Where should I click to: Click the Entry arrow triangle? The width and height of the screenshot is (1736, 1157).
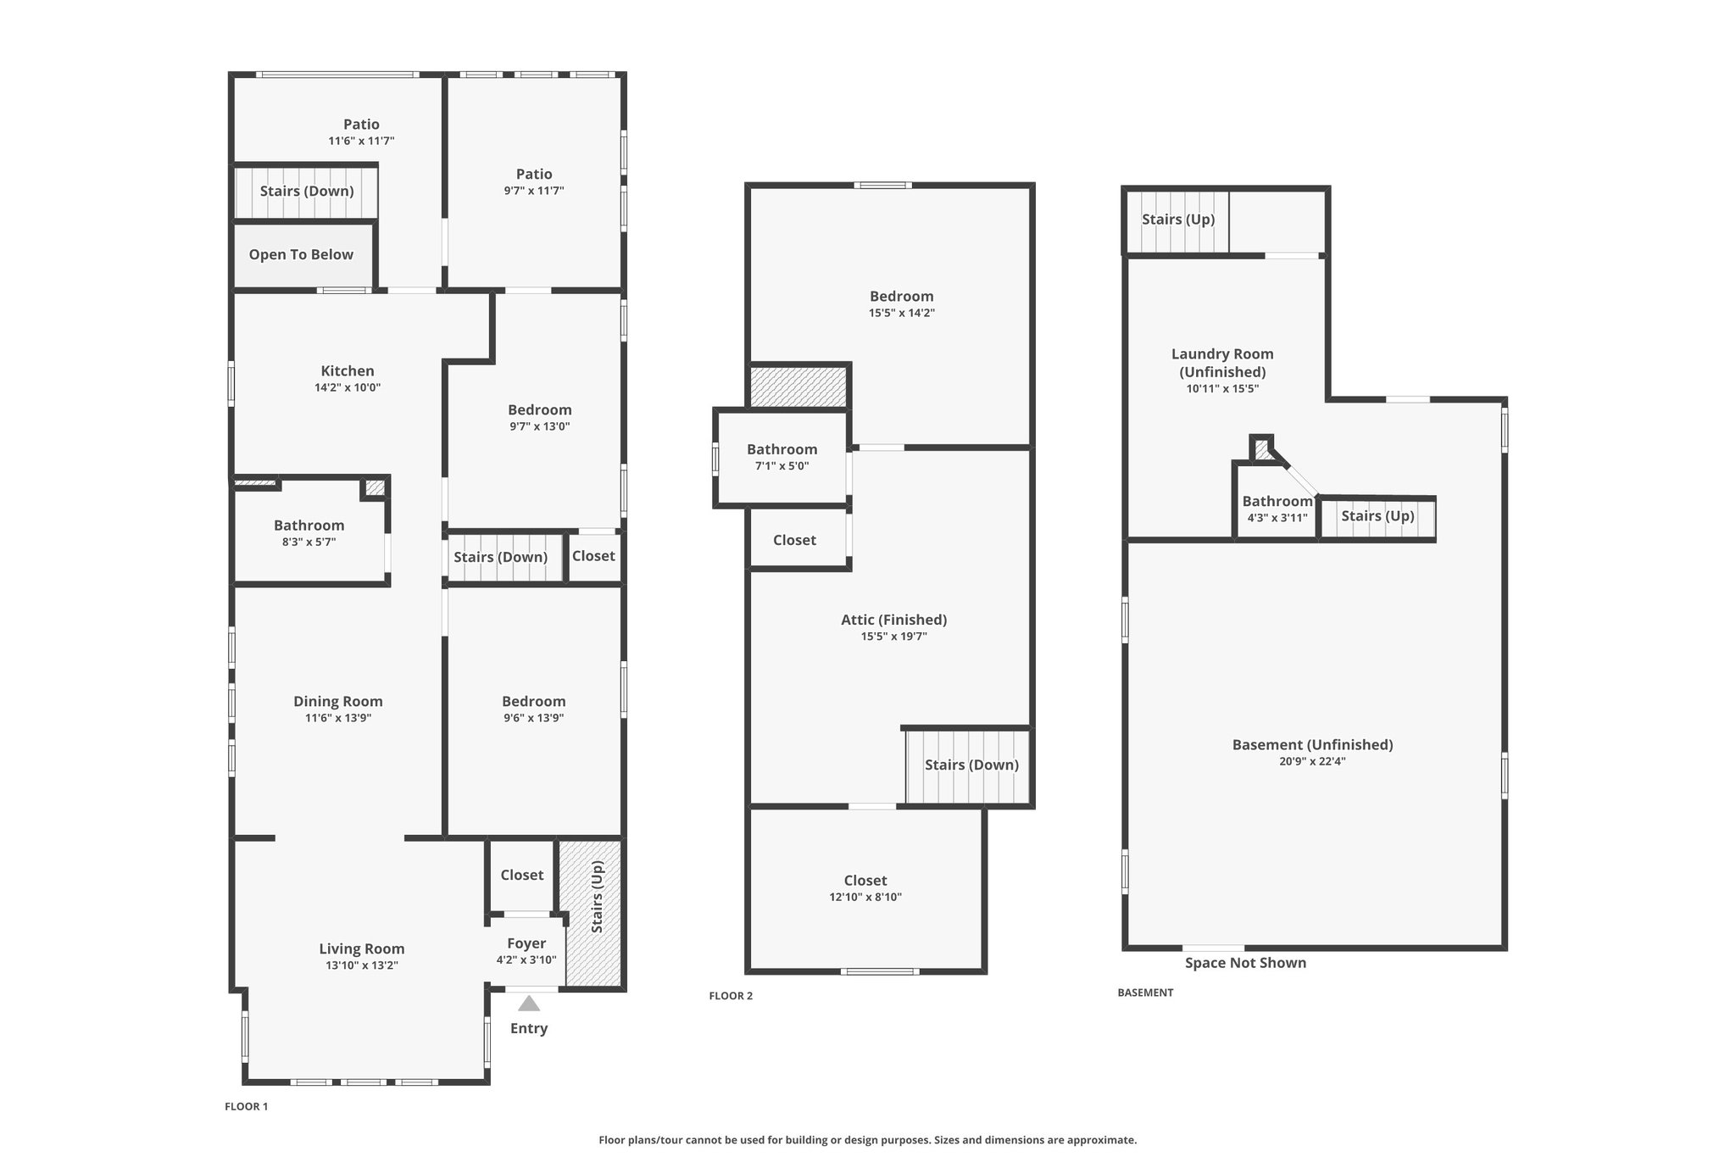529,1004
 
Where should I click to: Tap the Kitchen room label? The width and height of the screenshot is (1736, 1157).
348,371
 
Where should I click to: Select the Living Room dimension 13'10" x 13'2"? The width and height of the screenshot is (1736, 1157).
362,965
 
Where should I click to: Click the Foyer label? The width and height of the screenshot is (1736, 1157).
526,943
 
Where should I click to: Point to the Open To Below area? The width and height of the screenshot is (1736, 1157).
301,255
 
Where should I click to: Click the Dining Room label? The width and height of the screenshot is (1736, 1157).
338,702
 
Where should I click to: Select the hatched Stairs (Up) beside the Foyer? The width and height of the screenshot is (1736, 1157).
594,911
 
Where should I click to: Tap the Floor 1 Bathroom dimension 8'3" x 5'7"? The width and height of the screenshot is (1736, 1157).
309,542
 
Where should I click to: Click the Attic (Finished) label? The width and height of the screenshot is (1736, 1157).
893,620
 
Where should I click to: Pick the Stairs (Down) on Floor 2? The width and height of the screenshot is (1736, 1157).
971,765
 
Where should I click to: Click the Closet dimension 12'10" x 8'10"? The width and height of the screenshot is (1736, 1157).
865,898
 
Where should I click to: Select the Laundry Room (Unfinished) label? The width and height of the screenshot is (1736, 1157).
1222,363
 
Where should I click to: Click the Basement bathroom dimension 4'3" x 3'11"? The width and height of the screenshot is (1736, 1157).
1277,518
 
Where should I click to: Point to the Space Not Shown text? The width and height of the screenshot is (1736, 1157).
1245,963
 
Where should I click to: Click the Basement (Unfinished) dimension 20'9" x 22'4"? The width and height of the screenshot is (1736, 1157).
1312,762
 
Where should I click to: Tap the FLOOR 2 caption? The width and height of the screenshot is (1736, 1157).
731,996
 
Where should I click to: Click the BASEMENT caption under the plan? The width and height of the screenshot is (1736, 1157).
1145,993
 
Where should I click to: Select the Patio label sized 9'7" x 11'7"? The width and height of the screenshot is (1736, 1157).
534,175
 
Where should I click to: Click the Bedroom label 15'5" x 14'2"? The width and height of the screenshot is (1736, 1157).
901,297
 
